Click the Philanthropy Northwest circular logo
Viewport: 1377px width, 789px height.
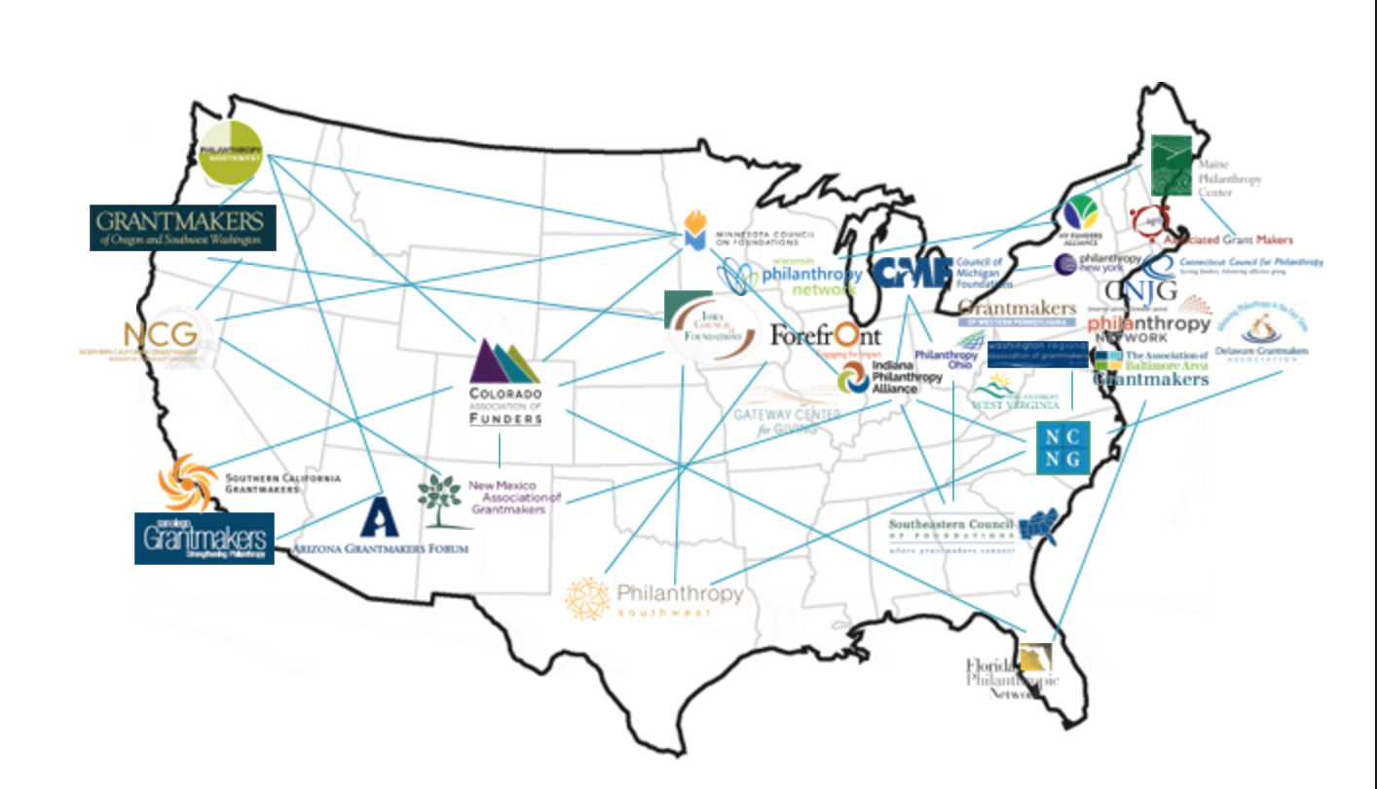(231, 151)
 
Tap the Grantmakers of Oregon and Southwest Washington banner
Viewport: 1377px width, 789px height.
(182, 227)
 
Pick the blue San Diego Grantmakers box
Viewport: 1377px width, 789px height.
(205, 538)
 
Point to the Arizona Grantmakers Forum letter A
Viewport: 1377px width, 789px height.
(380, 517)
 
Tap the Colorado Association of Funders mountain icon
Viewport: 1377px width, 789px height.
(504, 362)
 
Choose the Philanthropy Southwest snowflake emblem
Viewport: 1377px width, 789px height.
(588, 598)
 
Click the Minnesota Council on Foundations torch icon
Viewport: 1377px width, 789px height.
(693, 230)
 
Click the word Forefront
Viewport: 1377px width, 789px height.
(826, 335)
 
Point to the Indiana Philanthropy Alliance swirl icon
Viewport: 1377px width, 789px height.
(854, 377)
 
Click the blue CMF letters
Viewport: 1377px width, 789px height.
(912, 272)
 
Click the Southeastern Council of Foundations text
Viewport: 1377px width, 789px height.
(950, 526)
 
